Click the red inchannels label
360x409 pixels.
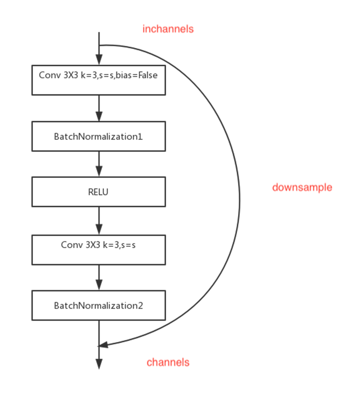tap(168, 29)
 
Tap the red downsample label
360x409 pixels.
tap(302, 187)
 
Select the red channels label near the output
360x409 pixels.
tap(168, 362)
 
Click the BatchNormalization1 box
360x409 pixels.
tap(99, 136)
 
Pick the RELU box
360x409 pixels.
tap(99, 192)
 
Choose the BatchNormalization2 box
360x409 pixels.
tap(99, 305)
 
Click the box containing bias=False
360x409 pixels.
tap(99, 80)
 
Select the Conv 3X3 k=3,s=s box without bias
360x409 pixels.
tap(99, 249)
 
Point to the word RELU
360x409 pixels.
tap(98, 192)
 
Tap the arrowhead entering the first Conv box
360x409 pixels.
tap(99, 60)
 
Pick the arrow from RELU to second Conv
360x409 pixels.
tap(99, 221)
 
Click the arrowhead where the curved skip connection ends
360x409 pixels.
tap(103, 345)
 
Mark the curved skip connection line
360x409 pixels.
tap(239, 193)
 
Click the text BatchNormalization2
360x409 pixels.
tap(98, 305)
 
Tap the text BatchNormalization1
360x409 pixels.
tap(98, 137)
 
